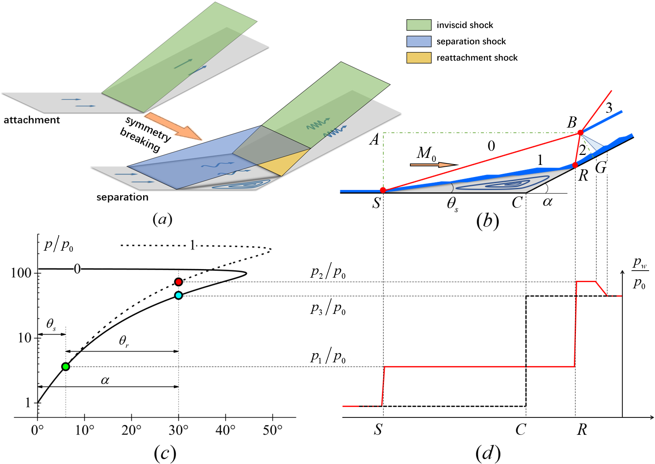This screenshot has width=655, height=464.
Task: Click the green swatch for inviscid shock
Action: [419, 25]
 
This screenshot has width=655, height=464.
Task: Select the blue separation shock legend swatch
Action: [419, 41]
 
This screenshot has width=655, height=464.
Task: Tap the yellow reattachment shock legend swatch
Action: [419, 58]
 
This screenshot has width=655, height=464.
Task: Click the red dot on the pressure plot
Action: [179, 282]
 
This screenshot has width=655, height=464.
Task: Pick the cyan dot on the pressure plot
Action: [179, 295]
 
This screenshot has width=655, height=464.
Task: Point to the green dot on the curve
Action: [65, 367]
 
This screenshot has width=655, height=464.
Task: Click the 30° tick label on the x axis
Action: [179, 430]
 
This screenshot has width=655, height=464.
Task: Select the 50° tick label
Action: [272, 430]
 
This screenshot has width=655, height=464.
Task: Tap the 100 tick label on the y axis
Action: [21, 273]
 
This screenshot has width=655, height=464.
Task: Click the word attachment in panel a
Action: [32, 120]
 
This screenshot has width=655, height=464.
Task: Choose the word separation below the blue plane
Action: [122, 197]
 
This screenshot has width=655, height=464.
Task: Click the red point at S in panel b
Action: [383, 190]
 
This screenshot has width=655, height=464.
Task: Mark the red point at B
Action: [580, 132]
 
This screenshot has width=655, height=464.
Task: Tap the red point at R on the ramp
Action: [575, 165]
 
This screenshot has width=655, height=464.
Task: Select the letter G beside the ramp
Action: [601, 168]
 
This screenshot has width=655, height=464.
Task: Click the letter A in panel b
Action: [374, 140]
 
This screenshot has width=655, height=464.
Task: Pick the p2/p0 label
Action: [328, 272]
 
